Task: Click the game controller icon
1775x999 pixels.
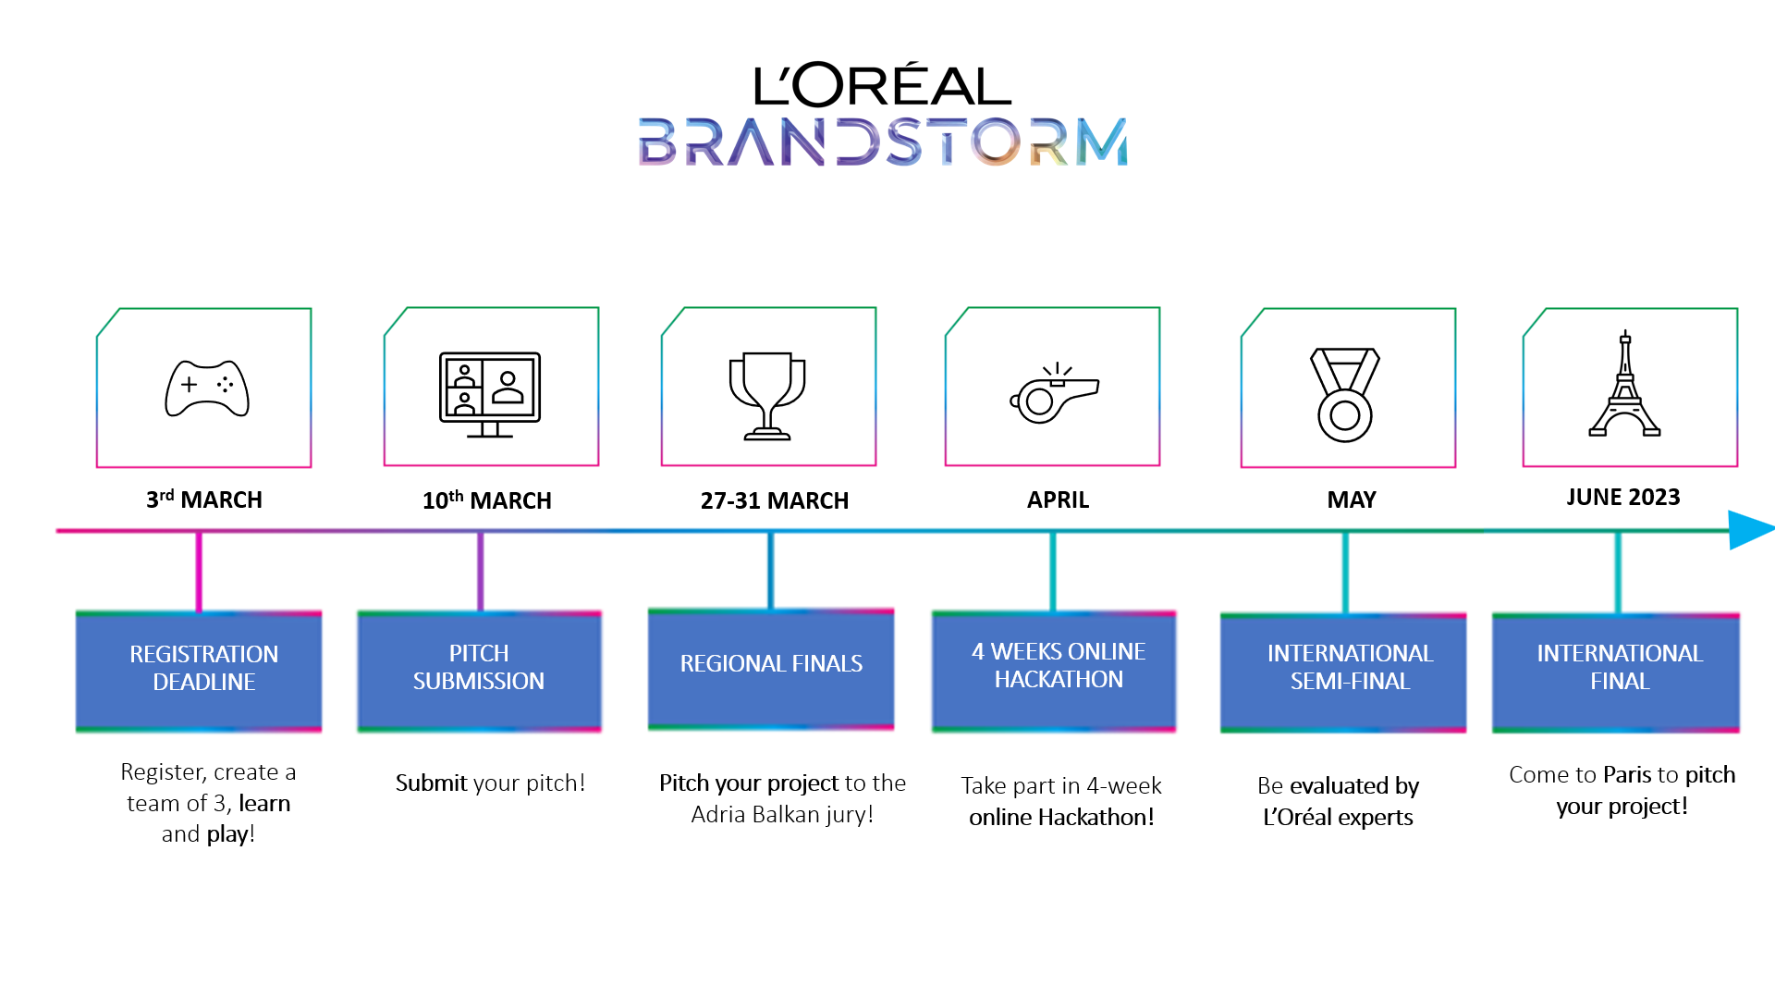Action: click(207, 388)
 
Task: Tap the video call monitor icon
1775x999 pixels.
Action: click(490, 395)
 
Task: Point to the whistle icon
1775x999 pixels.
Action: click(1054, 394)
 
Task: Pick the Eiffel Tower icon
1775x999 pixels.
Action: click(1625, 383)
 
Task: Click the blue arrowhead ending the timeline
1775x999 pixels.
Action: click(1751, 530)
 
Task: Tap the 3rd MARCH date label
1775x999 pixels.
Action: click(204, 499)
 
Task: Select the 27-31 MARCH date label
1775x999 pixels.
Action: click(775, 500)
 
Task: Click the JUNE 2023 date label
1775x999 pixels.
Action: click(1623, 497)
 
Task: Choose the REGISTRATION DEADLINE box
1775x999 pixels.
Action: click(199, 672)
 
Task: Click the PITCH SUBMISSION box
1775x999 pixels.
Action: click(480, 672)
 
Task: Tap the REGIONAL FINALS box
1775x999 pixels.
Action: click(771, 669)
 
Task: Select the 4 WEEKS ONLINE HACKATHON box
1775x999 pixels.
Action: click(1054, 672)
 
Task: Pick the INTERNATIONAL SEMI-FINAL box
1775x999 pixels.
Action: click(1343, 672)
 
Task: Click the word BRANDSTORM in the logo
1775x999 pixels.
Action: click(883, 142)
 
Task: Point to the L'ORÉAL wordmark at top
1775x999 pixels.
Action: click(883, 84)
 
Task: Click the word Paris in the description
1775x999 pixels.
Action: click(1627, 774)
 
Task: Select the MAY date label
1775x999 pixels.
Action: click(1352, 499)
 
